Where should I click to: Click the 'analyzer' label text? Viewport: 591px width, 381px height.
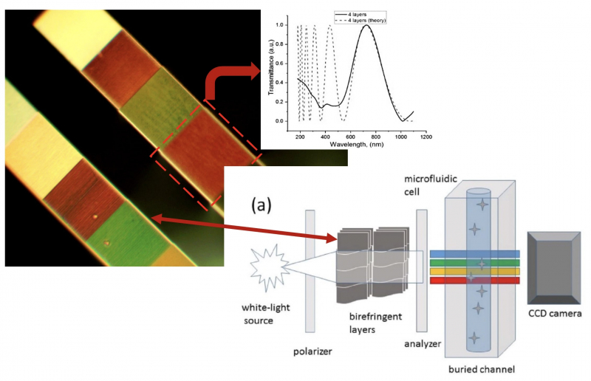coord(424,344)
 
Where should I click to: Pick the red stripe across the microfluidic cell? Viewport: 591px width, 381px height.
coord(481,281)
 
